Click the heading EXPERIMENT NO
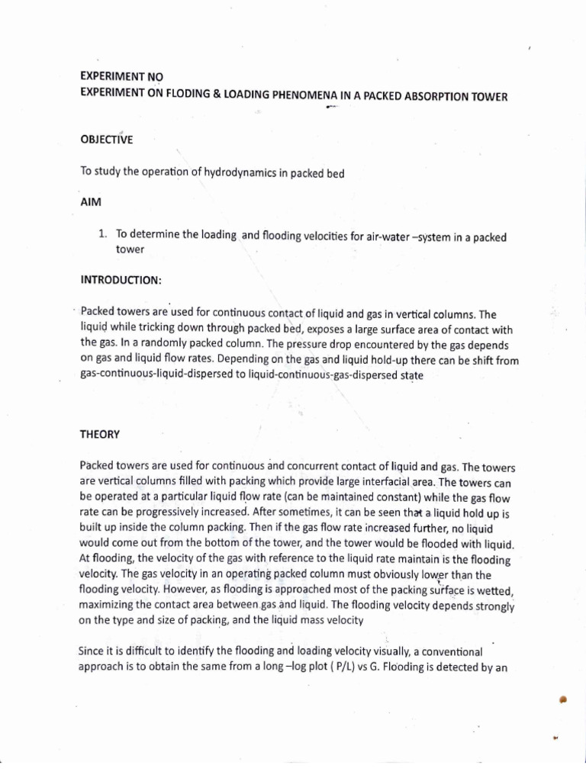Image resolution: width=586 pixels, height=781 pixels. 121,77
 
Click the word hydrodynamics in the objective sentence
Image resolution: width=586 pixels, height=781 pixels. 238,172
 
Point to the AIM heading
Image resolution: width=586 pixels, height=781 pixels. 90,204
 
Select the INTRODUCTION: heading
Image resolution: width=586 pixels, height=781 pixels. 121,280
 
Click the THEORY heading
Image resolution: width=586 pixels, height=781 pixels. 100,434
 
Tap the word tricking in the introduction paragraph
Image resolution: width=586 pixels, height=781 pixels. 151,329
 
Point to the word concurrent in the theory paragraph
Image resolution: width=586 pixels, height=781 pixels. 300,466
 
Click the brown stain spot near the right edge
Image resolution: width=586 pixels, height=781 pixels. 563,700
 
